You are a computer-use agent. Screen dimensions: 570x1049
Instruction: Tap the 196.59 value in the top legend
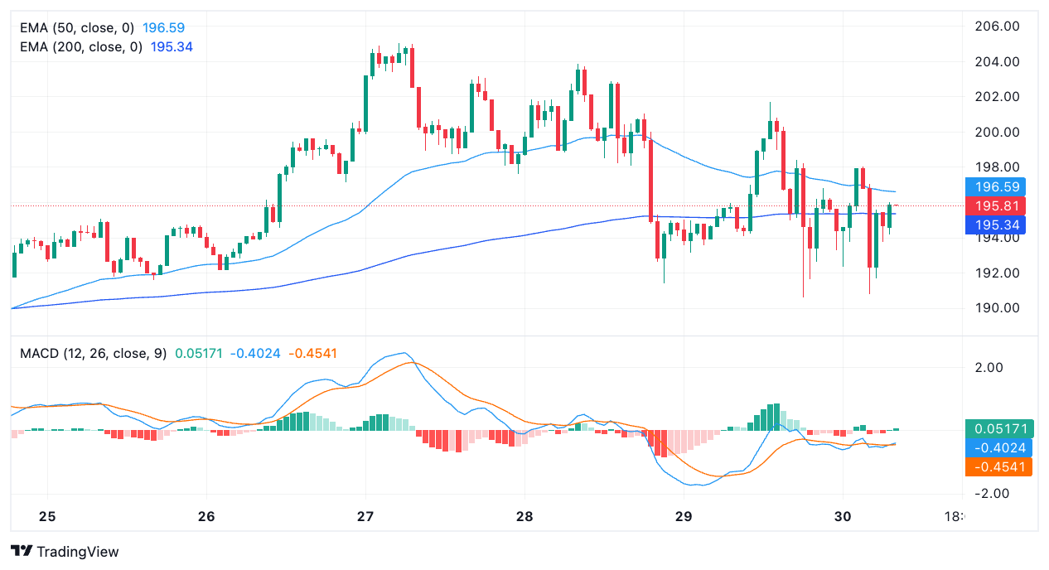click(x=164, y=27)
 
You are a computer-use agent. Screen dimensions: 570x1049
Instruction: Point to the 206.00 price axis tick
click(x=998, y=27)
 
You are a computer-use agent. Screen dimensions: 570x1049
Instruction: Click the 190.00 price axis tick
click(x=998, y=308)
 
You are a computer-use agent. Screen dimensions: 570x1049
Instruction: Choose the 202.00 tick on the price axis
click(x=998, y=97)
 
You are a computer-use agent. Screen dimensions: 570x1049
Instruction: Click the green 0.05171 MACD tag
click(x=999, y=429)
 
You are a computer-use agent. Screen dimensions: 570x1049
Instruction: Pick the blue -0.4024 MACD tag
click(x=999, y=447)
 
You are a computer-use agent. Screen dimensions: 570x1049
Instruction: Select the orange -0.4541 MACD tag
click(x=999, y=466)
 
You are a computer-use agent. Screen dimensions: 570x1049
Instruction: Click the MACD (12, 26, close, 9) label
click(x=92, y=354)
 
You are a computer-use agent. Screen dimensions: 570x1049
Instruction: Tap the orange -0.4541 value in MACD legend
click(x=312, y=354)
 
